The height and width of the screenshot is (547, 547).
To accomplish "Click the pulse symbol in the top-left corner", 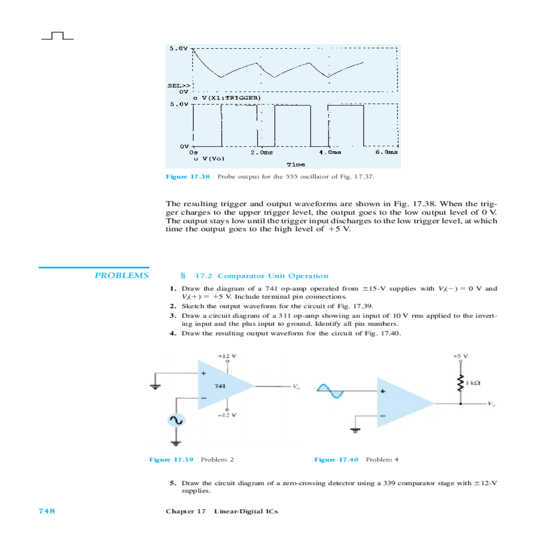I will click(x=57, y=36).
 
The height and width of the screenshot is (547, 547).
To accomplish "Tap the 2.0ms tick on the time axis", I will click(x=262, y=152).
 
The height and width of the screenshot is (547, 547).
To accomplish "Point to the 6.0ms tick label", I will click(x=386, y=152).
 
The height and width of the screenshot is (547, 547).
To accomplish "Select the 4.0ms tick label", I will click(x=330, y=152).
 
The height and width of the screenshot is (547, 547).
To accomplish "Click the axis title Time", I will click(x=296, y=164).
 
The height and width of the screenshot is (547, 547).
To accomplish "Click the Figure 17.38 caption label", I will click(x=188, y=176).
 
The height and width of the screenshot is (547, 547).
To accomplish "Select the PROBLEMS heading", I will click(x=121, y=275).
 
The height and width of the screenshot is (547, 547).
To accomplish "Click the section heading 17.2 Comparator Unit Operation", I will click(x=261, y=276).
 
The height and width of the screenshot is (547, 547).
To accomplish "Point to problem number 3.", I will click(x=173, y=315).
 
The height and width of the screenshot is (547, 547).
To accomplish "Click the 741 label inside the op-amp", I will click(x=220, y=386).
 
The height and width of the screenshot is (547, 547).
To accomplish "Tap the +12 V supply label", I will click(x=227, y=356).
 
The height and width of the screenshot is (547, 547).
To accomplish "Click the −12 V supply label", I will click(x=227, y=415).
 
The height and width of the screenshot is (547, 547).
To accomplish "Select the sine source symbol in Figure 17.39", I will click(x=176, y=420).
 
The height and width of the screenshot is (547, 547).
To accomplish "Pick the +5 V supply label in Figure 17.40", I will click(x=460, y=356).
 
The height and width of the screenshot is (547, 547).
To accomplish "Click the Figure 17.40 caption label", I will click(x=336, y=459).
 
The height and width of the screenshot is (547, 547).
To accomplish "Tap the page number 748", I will click(x=47, y=511).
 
